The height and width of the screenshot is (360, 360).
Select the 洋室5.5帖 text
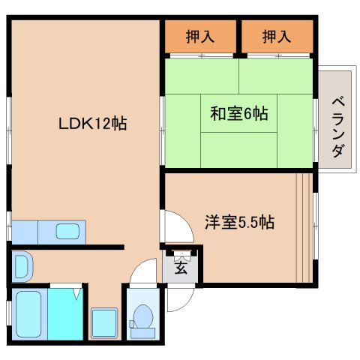[239, 222]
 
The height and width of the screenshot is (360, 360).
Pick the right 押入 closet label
[277, 35]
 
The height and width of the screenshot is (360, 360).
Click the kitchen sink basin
[70, 232]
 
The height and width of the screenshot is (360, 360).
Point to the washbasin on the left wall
[22, 264]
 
